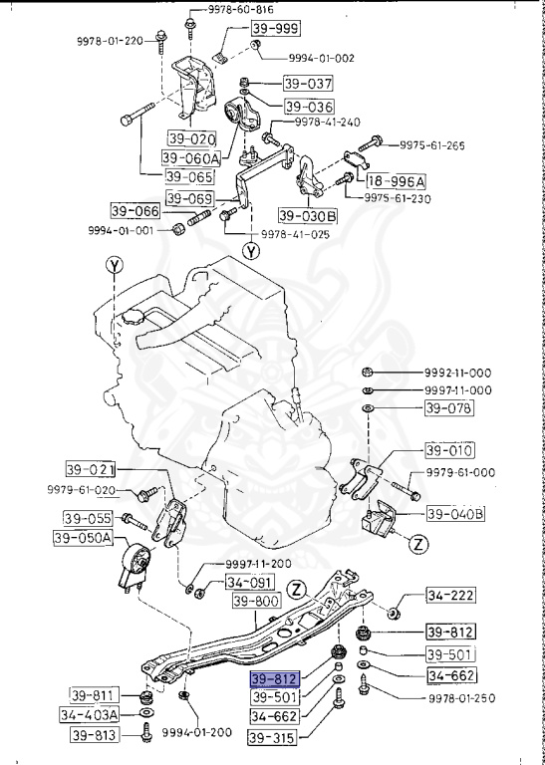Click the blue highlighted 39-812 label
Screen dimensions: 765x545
(274, 678)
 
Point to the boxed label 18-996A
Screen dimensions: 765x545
(396, 181)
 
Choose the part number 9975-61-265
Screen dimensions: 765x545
(432, 145)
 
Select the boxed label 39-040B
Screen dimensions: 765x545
(455, 514)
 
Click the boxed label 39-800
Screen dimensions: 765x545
(256, 602)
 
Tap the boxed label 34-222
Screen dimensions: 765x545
(450, 597)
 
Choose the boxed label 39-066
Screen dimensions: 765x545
(136, 210)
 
